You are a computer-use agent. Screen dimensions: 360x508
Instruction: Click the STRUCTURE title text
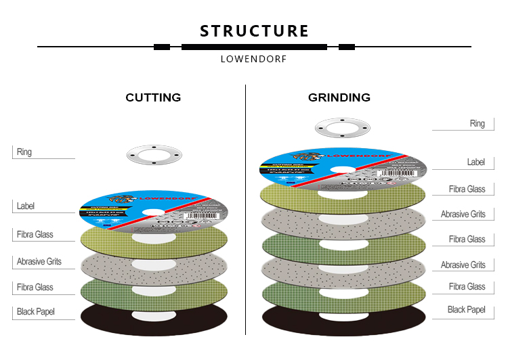point(254,31)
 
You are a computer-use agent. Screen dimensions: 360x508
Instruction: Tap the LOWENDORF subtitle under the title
point(253,59)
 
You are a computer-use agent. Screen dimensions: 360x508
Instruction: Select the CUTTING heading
point(153,97)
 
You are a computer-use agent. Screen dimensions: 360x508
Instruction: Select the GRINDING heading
point(339,97)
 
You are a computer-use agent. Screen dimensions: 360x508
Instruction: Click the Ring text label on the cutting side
point(24,152)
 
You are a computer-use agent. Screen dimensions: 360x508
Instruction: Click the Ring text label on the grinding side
point(477,124)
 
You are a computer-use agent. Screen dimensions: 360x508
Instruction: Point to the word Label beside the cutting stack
point(26,206)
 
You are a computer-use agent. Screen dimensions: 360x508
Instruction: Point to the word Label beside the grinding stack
point(475,162)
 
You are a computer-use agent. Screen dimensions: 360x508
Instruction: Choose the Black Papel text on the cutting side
point(35,312)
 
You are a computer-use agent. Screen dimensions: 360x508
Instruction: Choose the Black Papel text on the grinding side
point(467,310)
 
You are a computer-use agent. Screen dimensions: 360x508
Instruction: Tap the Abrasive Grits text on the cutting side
point(39,261)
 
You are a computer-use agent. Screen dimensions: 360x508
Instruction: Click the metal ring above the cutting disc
point(154,154)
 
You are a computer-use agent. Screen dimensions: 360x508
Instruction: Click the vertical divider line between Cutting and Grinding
point(245,210)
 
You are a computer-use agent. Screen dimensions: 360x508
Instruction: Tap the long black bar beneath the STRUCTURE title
point(254,47)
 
